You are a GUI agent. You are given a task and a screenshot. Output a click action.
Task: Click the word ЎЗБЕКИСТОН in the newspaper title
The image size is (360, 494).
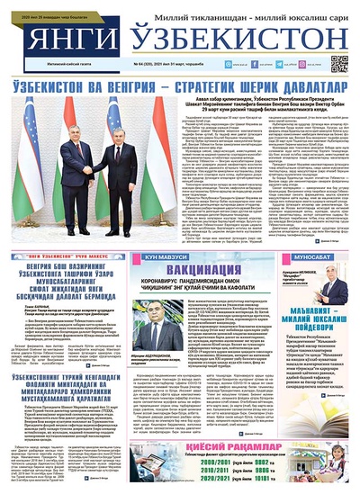pyautogui.click(x=229, y=41)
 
